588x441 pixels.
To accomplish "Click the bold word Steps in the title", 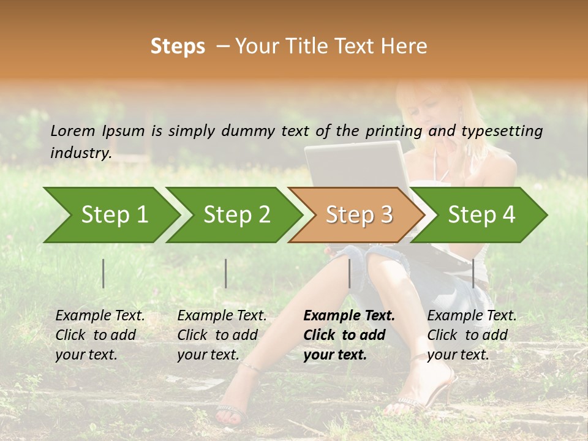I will click(178, 47).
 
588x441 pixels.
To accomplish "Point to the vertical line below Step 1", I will click(104, 273).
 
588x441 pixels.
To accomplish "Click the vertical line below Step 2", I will click(226, 273).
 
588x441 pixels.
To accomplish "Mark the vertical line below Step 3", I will click(349, 273).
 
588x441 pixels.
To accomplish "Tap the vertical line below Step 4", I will click(473, 273).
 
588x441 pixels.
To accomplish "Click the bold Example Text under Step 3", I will click(349, 316).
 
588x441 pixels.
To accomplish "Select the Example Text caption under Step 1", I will click(100, 316).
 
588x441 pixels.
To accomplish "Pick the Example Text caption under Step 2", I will click(222, 316).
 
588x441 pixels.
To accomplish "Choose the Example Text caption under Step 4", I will click(472, 316).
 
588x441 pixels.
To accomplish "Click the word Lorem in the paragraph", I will click(72, 130).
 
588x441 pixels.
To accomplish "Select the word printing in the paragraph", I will click(394, 130).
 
